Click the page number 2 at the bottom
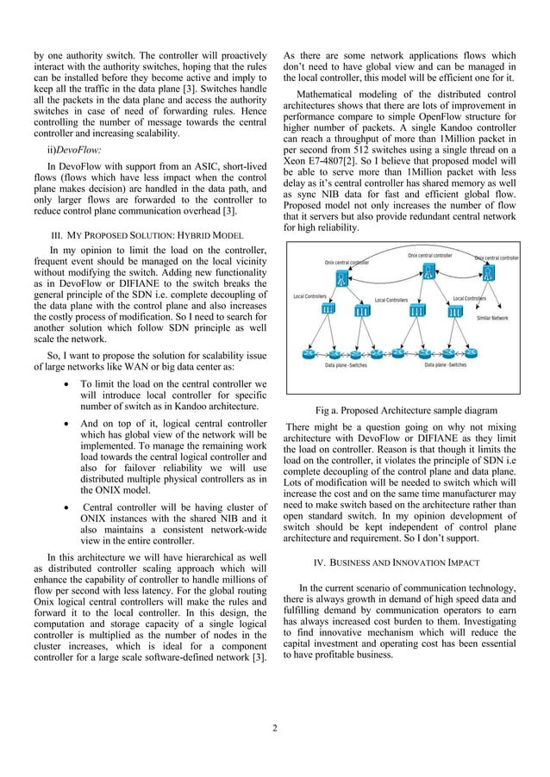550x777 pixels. (x=274, y=732)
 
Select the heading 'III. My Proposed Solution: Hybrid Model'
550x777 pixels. (x=150, y=235)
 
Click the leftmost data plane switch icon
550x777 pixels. (x=307, y=354)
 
